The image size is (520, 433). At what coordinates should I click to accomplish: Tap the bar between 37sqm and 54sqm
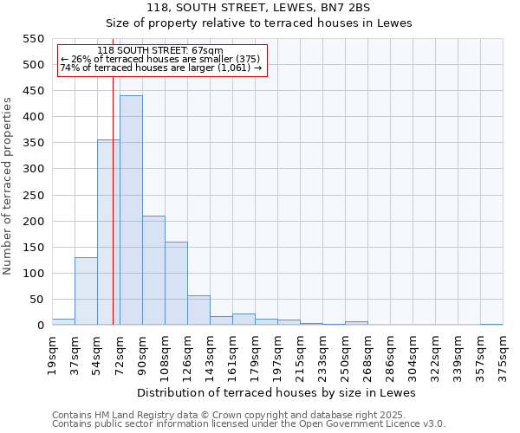pos(86,291)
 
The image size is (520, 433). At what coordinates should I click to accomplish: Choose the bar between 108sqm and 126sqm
pos(176,283)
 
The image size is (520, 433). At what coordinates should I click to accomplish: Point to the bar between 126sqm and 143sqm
pos(198,310)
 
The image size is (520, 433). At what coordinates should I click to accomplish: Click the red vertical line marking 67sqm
pos(114,216)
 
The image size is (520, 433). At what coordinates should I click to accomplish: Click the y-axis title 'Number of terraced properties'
pos(9,186)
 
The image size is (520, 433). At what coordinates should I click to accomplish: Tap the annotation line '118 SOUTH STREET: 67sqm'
pos(160,51)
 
